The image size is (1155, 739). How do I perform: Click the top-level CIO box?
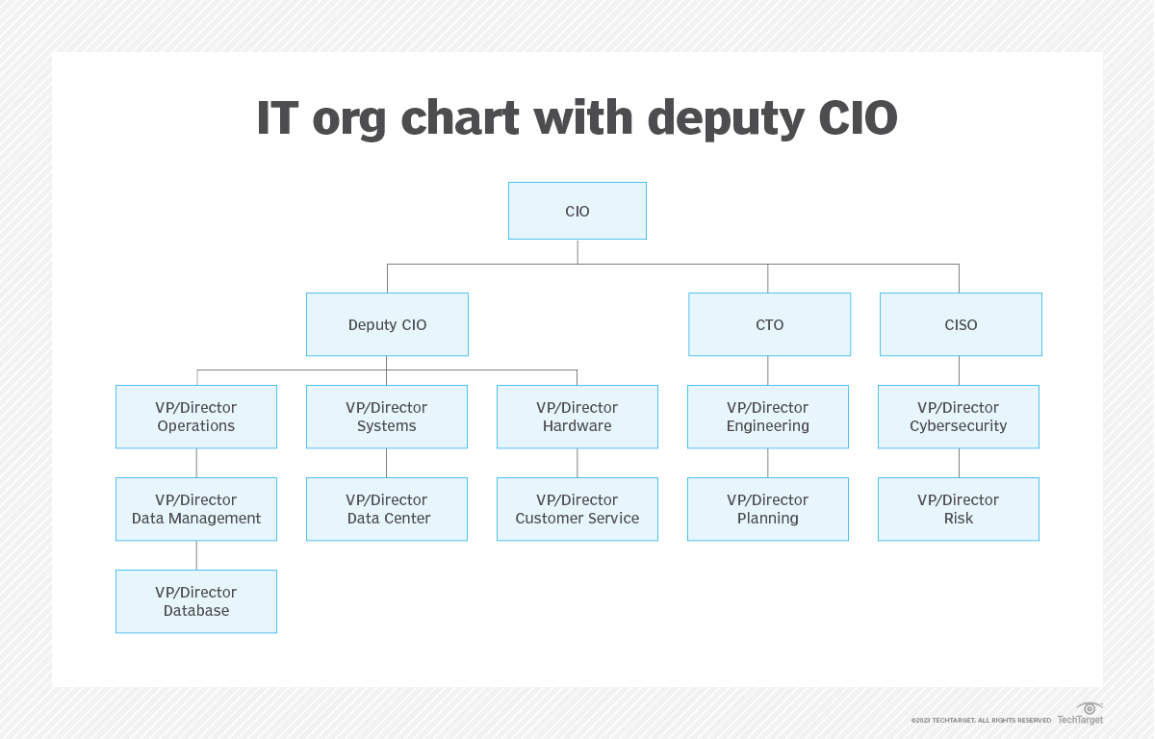point(577,211)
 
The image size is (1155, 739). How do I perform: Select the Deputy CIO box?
point(387,324)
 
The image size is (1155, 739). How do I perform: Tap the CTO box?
point(769,324)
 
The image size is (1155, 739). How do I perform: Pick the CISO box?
point(961,324)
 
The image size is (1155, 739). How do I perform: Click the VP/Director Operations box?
point(196,417)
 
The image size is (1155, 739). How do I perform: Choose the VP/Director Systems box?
point(387,417)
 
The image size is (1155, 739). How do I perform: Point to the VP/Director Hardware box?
point(577,417)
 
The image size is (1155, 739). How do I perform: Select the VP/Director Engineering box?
point(768,417)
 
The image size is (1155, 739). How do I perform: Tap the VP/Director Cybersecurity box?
point(959,417)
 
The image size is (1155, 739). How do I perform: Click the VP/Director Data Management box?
point(196,509)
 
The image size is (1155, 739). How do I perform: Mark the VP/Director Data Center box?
point(387,509)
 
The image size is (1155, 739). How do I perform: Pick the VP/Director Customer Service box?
point(577,509)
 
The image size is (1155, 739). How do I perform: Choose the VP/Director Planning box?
point(768,509)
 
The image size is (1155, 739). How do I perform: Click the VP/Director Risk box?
point(959,509)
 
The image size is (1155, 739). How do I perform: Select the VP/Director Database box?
point(196,601)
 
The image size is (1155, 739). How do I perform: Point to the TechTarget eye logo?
point(1090,708)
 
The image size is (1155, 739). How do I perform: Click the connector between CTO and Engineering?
point(768,370)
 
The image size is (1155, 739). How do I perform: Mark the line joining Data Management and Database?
point(196,555)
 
